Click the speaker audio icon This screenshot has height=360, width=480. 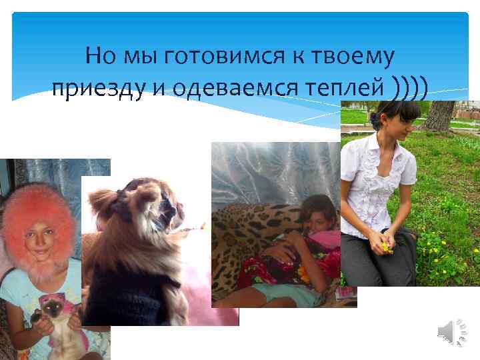point(454,331)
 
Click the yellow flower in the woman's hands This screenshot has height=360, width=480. point(386,247)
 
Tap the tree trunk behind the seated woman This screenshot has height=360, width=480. point(441,115)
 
